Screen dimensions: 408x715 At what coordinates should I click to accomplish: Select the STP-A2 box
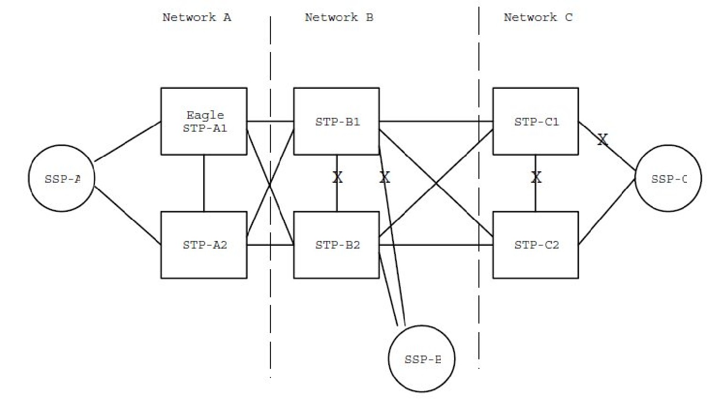(204, 245)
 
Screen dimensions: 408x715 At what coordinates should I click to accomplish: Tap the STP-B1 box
(336, 121)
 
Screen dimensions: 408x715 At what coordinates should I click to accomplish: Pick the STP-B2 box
(336, 245)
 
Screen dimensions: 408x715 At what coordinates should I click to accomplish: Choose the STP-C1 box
(535, 121)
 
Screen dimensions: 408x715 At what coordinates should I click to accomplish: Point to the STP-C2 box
(535, 245)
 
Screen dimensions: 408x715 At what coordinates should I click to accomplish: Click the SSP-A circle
(62, 178)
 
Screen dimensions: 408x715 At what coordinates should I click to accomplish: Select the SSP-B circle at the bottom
(422, 359)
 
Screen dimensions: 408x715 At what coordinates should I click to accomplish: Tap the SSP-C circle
(668, 178)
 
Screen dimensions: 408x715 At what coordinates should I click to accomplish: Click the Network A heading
(197, 18)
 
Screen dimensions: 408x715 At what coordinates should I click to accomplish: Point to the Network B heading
(339, 18)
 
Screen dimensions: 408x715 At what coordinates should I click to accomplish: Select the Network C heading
(538, 18)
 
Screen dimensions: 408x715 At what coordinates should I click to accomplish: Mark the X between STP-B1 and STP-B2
(337, 178)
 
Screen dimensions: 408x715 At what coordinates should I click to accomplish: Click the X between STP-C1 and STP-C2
(536, 178)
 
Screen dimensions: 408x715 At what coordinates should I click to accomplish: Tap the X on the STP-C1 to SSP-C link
(602, 140)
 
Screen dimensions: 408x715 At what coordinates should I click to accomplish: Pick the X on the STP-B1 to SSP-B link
(384, 178)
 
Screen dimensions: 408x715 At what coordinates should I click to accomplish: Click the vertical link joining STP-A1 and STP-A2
(204, 183)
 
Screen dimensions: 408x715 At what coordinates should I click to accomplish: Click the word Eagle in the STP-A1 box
(205, 115)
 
